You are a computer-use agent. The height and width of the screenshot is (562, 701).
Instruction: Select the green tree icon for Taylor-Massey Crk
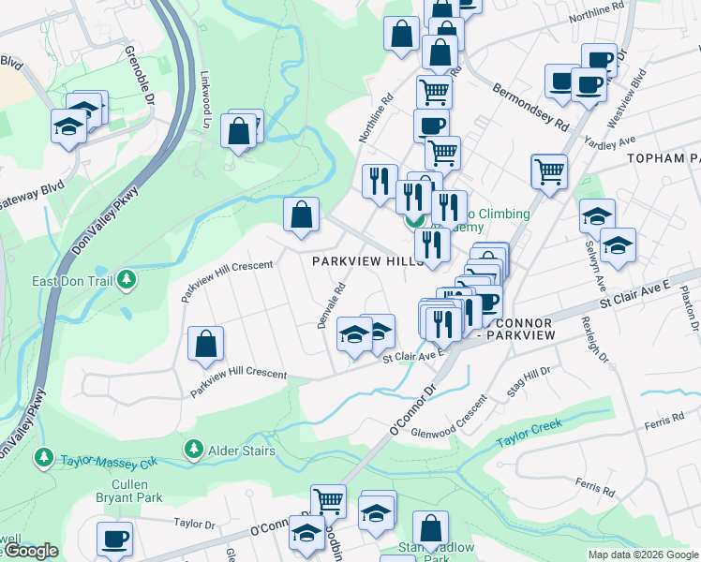click(x=43, y=456)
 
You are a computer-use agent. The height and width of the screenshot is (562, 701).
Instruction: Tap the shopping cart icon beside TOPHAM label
click(x=548, y=170)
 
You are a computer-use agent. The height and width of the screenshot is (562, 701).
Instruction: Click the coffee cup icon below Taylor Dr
click(x=114, y=538)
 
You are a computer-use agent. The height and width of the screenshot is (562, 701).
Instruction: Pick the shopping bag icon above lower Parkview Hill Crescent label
click(x=205, y=343)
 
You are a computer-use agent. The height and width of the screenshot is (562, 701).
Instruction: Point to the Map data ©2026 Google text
click(x=643, y=555)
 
